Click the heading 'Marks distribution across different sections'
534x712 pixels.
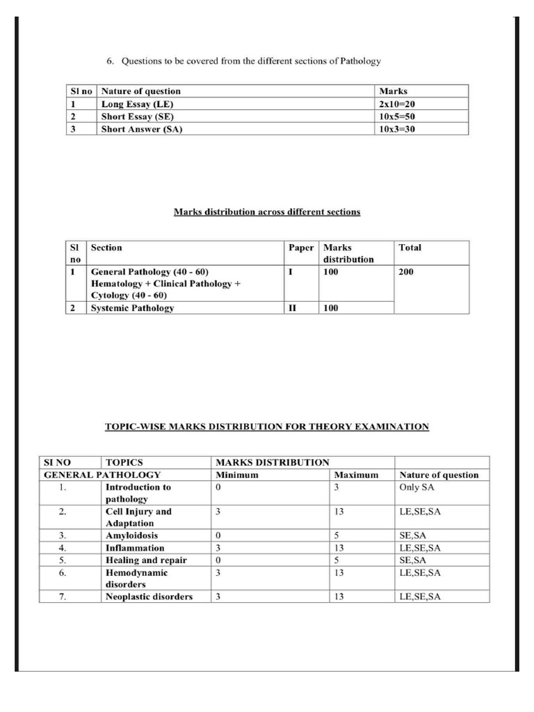pyautogui.click(x=267, y=211)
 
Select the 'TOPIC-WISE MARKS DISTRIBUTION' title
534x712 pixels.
pyautogui.click(x=267, y=426)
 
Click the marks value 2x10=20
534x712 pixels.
pyautogui.click(x=397, y=104)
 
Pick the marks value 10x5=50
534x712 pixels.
pyautogui.click(x=397, y=117)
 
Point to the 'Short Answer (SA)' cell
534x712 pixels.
pyautogui.click(x=142, y=129)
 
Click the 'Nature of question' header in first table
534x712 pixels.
pyautogui.click(x=141, y=91)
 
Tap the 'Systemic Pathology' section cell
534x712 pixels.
pyautogui.click(x=132, y=308)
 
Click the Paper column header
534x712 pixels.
pyautogui.click(x=301, y=248)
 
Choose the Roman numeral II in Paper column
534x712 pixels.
pyautogui.click(x=292, y=308)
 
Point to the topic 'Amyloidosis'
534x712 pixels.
pyautogui.click(x=131, y=535)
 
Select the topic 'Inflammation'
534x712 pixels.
pyautogui.click(x=135, y=548)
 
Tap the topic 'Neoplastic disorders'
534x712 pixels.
pyautogui.click(x=149, y=597)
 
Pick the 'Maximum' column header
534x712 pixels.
pyautogui.click(x=356, y=475)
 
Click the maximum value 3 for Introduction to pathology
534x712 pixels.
pyautogui.click(x=337, y=487)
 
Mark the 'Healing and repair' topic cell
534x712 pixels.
pyautogui.click(x=146, y=560)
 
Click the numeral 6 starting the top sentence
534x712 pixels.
pyautogui.click(x=110, y=61)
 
